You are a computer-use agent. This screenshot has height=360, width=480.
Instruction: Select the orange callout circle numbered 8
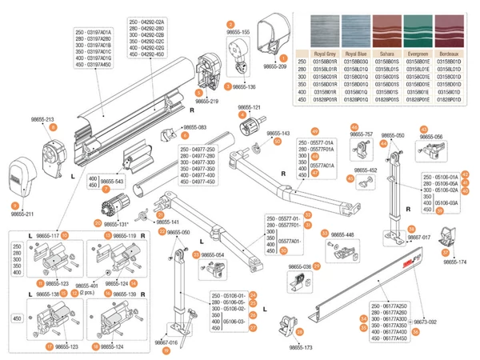[x=54, y=127]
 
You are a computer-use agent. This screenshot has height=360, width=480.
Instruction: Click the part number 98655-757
[x=362, y=134]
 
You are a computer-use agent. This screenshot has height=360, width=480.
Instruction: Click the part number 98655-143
[x=278, y=134]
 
